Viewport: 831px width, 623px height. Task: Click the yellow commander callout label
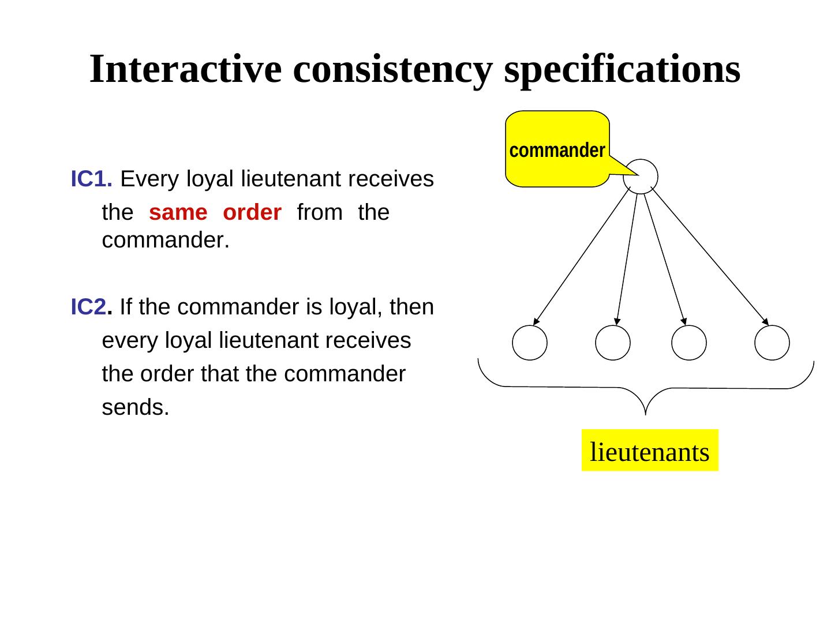click(x=557, y=150)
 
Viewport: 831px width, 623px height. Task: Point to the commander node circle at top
click(x=641, y=176)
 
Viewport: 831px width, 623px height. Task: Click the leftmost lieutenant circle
click(x=530, y=343)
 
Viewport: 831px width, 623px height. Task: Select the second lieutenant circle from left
click(x=613, y=343)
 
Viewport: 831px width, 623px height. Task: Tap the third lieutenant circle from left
click(x=689, y=343)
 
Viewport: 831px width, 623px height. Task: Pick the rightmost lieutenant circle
click(x=772, y=343)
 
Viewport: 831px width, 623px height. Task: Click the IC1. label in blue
click(x=91, y=179)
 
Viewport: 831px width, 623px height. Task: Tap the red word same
click(x=178, y=212)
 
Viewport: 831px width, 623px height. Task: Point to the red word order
click(x=252, y=212)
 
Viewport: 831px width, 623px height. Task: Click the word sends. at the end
click(x=136, y=407)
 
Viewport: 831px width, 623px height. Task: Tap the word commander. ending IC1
click(x=166, y=241)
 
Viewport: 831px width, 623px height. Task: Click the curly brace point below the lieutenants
click(x=646, y=411)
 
